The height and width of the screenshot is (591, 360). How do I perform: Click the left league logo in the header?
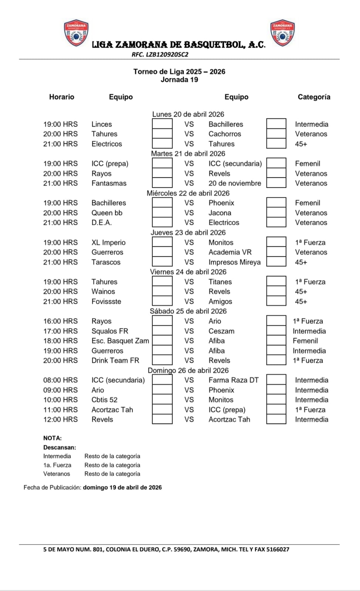coord(77,33)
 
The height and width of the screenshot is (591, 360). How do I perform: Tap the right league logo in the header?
coord(283,33)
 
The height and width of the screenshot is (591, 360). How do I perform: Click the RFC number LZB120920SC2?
coord(160,55)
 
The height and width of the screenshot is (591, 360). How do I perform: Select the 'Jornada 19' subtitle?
coord(179,80)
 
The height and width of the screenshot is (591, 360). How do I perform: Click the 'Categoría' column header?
coord(314,97)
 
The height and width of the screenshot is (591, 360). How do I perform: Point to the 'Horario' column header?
coord(62,97)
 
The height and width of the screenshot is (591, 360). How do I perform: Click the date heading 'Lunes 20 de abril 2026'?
coord(188,114)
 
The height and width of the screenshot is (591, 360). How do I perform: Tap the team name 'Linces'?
coord(102,124)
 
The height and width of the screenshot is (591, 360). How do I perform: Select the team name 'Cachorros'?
coord(225,134)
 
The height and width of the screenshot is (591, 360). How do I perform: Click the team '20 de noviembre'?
coord(235,183)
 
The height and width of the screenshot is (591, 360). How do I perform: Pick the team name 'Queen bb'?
coord(107,213)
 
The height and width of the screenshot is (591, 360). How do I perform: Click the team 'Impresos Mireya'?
coord(234,262)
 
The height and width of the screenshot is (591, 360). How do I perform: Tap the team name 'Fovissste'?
coord(106,301)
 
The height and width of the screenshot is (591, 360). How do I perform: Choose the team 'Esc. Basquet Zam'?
coord(120,341)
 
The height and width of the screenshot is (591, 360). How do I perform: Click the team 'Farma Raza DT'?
coord(234,380)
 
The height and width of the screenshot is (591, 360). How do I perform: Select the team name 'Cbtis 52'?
coord(105,400)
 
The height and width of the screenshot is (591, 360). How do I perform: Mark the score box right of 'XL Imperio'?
coord(162,242)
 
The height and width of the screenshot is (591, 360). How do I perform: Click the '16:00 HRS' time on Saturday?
coord(61,321)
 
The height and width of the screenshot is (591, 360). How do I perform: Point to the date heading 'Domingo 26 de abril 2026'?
coord(188,370)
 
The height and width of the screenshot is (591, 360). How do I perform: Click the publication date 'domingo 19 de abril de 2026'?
coord(122,487)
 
